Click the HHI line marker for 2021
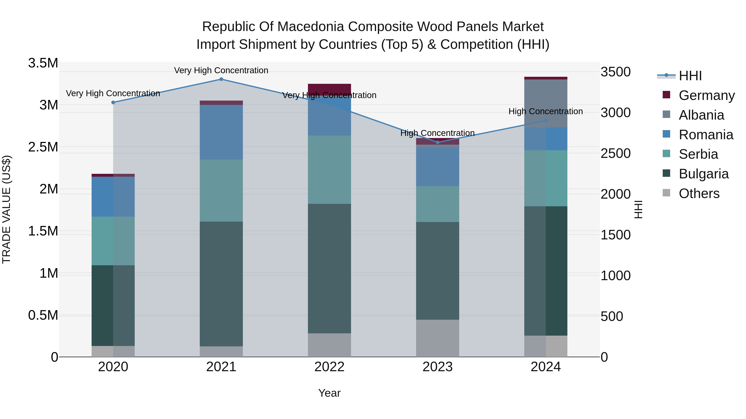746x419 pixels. click(221, 79)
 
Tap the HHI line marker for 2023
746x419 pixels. click(438, 142)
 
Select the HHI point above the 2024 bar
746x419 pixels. click(546, 121)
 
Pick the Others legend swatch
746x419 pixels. click(666, 193)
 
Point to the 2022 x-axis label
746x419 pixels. click(329, 367)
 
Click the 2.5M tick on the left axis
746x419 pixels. click(43, 147)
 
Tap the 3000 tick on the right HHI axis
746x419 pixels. click(615, 113)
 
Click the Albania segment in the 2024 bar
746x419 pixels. click(546, 103)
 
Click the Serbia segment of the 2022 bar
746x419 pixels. click(329, 169)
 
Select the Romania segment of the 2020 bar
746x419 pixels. click(113, 197)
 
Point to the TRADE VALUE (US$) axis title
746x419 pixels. click(6, 209)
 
